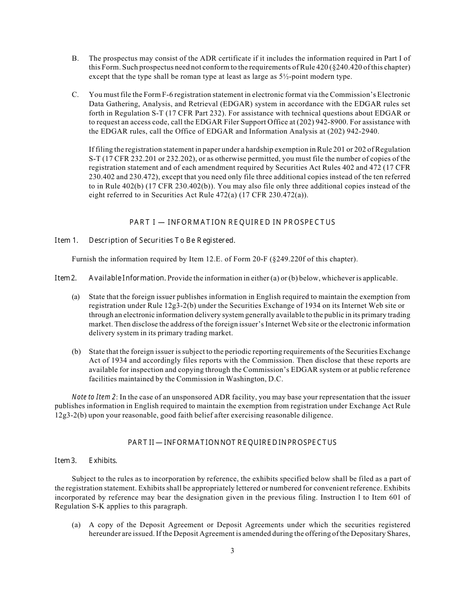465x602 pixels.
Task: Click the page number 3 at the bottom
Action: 232,551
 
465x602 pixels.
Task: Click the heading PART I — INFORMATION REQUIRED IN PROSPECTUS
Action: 232,222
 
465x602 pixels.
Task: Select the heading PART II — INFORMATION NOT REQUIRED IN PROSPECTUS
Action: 232,442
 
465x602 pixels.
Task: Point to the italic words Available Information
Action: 126,278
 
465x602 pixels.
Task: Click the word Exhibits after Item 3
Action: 103,461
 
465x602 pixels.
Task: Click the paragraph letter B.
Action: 75,58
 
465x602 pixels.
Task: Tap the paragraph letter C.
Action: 75,94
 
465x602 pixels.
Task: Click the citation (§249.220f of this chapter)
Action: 316,259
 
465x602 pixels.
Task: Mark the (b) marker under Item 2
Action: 76,351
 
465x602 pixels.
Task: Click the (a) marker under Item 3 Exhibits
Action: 76,525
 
